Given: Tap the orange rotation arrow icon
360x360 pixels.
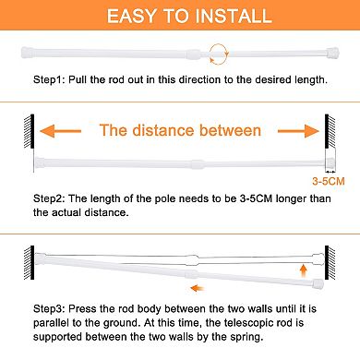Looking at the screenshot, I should click(218, 51).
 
